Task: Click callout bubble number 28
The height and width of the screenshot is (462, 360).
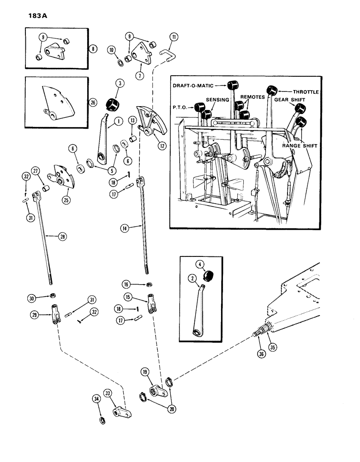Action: point(62,237)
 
